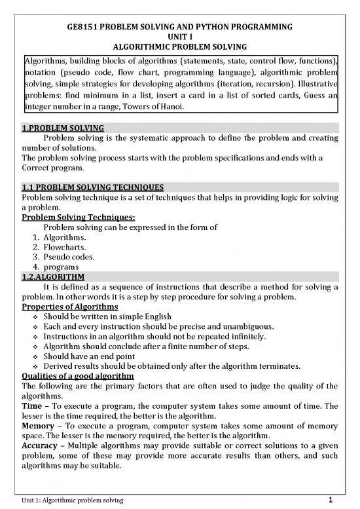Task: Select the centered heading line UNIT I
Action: tap(179, 39)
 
